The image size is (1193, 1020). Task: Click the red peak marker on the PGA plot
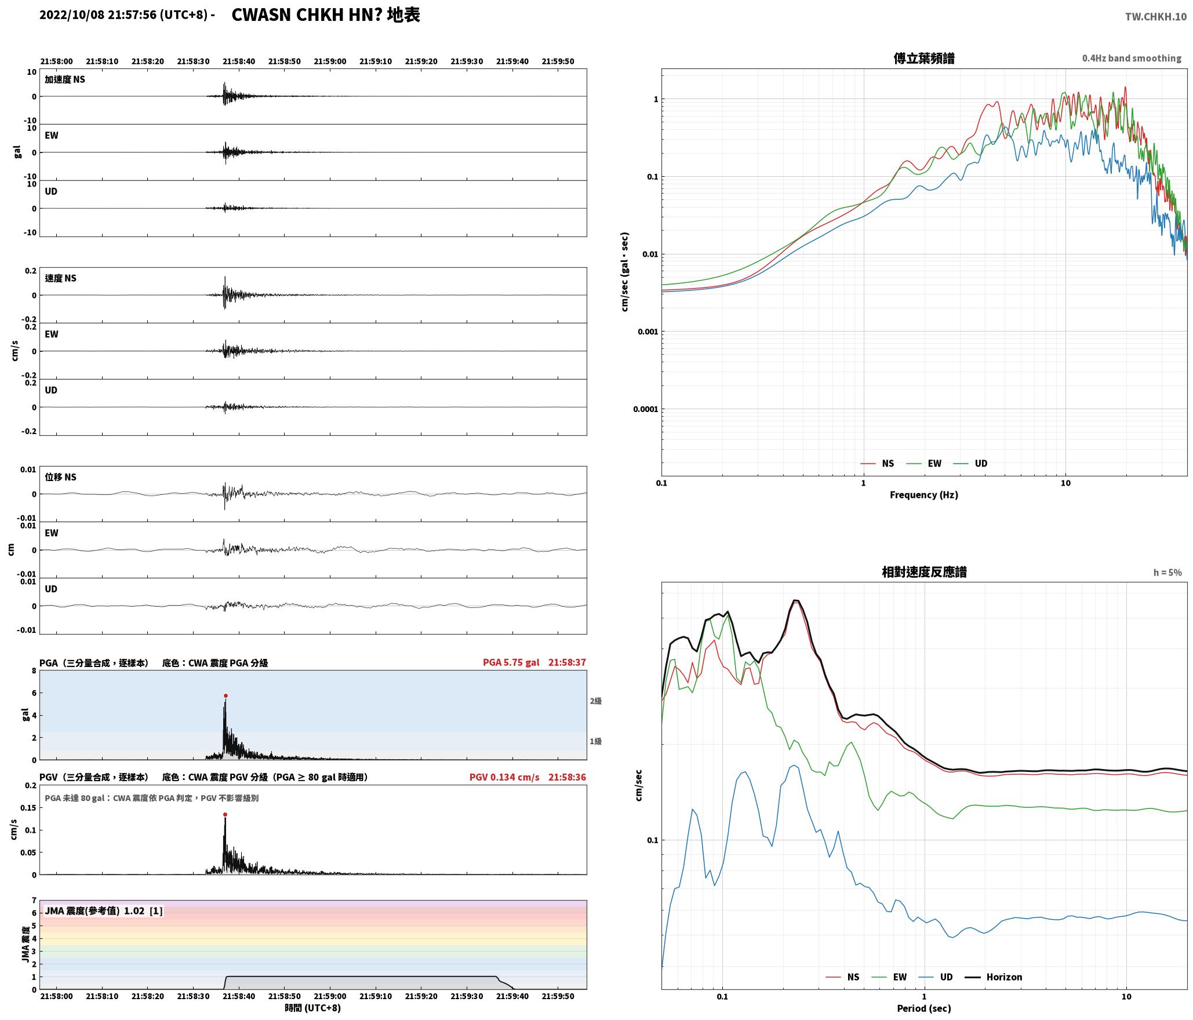point(225,695)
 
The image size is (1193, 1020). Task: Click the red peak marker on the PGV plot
point(225,814)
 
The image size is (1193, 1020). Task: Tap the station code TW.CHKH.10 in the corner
point(1156,17)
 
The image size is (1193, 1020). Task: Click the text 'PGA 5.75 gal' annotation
point(511,662)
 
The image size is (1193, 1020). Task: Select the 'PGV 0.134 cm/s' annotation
point(504,777)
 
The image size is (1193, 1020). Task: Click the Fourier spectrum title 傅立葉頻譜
point(924,58)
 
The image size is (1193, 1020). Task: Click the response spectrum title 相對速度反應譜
point(924,571)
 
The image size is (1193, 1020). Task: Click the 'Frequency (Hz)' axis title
point(924,494)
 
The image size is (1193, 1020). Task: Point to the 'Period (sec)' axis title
point(924,1008)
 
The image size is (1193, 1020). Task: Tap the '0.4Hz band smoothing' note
point(1132,58)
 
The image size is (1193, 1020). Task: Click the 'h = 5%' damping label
point(1167,572)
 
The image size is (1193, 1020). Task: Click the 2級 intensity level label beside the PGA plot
point(595,701)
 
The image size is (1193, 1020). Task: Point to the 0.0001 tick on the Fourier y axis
point(646,409)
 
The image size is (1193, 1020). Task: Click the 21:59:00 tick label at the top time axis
point(330,61)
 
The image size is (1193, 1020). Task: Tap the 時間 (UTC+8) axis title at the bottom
point(312,1007)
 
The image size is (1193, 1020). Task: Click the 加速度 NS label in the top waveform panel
point(65,79)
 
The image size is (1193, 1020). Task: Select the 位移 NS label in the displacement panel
point(60,476)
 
